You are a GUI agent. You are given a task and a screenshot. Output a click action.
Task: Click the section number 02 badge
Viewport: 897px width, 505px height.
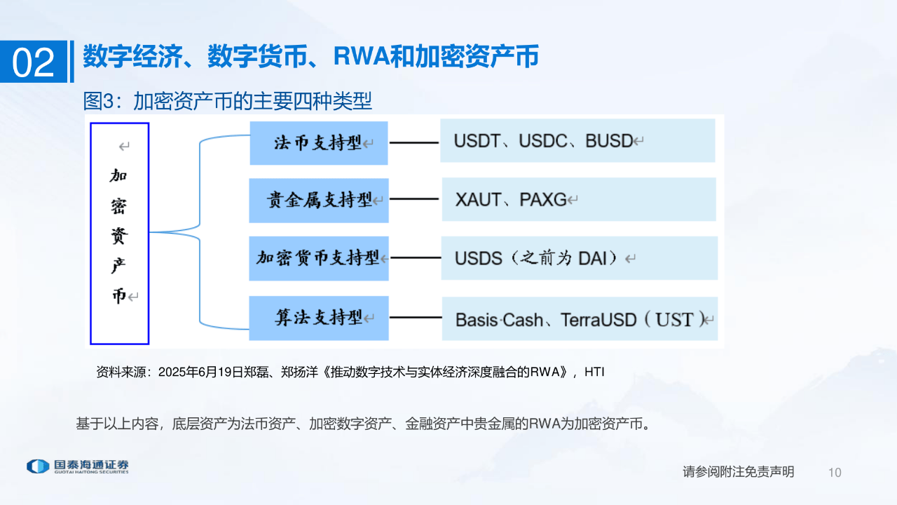34,62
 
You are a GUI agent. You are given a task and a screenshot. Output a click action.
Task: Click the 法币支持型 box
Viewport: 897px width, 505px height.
319,143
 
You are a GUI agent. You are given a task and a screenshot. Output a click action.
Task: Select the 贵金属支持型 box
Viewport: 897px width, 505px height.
319,201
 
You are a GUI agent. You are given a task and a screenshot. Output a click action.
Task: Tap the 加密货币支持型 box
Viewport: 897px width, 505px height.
319,258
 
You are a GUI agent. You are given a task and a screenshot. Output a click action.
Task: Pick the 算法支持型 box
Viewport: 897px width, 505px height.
319,318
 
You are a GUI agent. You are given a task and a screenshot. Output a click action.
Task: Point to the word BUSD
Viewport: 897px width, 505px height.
609,140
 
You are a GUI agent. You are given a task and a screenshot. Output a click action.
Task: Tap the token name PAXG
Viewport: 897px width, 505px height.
542,200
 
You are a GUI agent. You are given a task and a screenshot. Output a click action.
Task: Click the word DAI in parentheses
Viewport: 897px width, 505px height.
592,258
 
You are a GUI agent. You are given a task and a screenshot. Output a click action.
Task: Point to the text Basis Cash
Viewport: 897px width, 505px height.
499,321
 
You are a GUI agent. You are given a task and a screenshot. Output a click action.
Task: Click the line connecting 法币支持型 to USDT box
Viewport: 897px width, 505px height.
414,143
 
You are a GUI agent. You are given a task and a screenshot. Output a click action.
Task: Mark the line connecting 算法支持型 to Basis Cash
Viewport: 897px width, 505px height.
414,318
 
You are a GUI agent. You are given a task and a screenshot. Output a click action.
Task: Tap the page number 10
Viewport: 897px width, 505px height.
834,473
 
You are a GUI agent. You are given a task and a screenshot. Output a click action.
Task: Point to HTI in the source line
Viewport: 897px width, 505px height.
594,372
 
